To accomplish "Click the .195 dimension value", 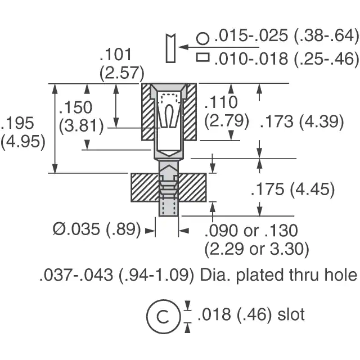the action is click(17, 123).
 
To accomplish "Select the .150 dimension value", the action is click(76, 107).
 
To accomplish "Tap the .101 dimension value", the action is click(116, 55).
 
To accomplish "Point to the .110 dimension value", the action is click(221, 102).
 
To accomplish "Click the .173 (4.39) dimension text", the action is click(302, 121).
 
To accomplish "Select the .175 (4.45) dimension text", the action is click(293, 189).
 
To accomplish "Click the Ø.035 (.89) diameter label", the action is click(97, 229).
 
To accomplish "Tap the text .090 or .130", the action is click(251, 231).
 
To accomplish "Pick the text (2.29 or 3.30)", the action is click(256, 249).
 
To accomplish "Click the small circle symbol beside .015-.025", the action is click(203, 39).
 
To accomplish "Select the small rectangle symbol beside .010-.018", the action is click(203, 57).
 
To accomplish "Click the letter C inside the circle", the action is click(163, 316).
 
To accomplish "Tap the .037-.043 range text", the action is click(76, 275).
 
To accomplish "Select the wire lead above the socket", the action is click(170, 48).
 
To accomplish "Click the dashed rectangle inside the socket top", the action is click(170, 98).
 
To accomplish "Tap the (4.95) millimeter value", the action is click(23, 142).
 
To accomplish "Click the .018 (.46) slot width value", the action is click(235, 314).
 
